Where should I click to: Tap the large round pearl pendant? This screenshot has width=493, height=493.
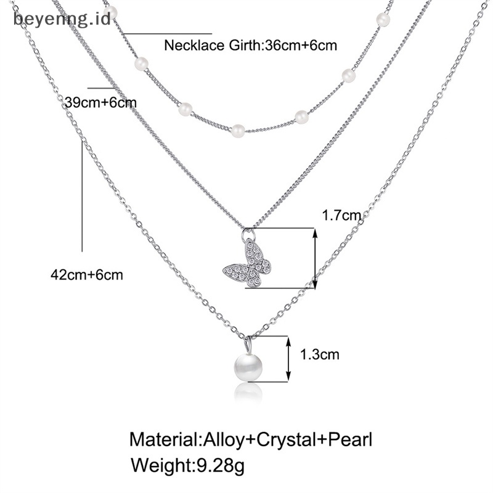click(x=248, y=367)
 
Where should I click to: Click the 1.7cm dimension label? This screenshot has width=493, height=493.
click(x=340, y=215)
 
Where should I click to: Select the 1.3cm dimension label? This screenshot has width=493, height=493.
click(x=320, y=354)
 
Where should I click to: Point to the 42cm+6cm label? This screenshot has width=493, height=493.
click(x=86, y=274)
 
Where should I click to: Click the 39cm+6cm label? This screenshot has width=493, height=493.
click(x=100, y=102)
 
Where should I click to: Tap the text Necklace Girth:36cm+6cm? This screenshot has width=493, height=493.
click(x=251, y=45)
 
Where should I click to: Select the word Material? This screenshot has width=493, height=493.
click(x=165, y=440)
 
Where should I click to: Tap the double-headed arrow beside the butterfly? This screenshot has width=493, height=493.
click(x=315, y=258)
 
